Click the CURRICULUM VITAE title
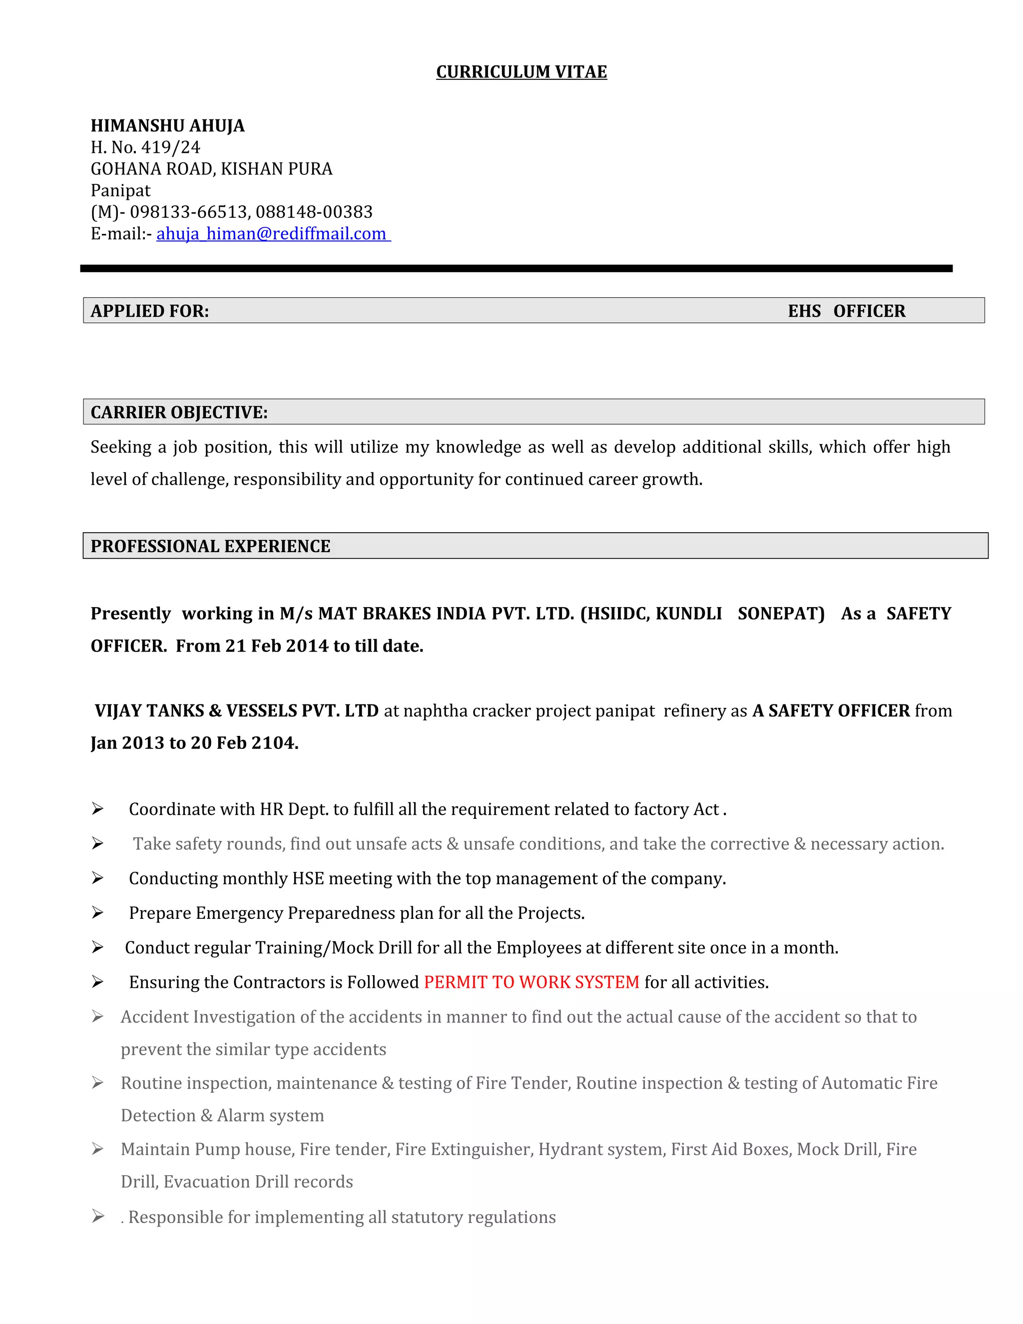pyautogui.click(x=521, y=72)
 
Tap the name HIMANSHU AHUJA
pyautogui.click(x=167, y=125)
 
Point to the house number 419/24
pyautogui.click(x=170, y=147)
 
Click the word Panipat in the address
pyautogui.click(x=120, y=190)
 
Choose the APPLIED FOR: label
pyautogui.click(x=150, y=311)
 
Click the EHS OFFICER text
pyautogui.click(x=846, y=311)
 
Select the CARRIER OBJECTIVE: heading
pyautogui.click(x=179, y=412)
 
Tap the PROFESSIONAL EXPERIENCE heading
pyautogui.click(x=210, y=546)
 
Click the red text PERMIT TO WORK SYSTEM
pyautogui.click(x=531, y=982)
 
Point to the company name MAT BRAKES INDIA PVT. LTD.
pyautogui.click(x=446, y=614)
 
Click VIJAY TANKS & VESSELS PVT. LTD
pyautogui.click(x=236, y=710)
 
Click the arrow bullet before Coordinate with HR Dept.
pyautogui.click(x=97, y=809)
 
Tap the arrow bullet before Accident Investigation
pyautogui.click(x=97, y=1017)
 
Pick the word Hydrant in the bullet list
pyautogui.click(x=568, y=1150)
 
